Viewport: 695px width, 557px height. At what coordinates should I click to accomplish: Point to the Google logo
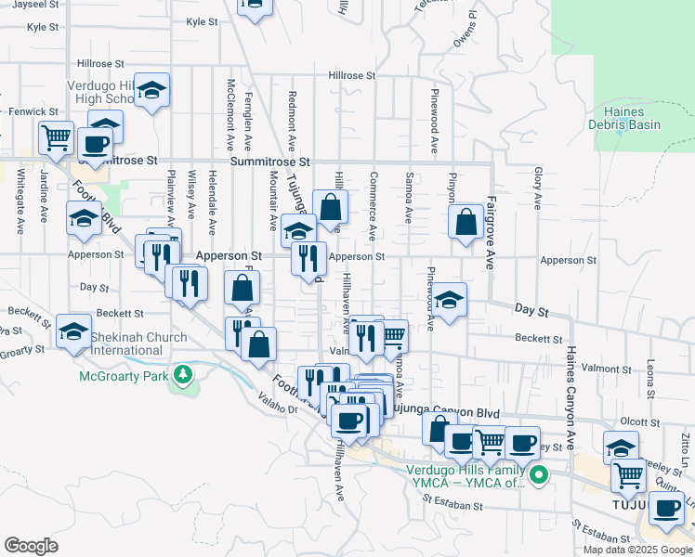point(32,545)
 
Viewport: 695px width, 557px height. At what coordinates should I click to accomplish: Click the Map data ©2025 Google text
point(637,550)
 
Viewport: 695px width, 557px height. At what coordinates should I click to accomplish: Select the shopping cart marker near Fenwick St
point(56,138)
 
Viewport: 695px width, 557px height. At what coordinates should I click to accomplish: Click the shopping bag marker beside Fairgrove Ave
point(465,223)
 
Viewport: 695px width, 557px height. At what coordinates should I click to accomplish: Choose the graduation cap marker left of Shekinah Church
point(73,331)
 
